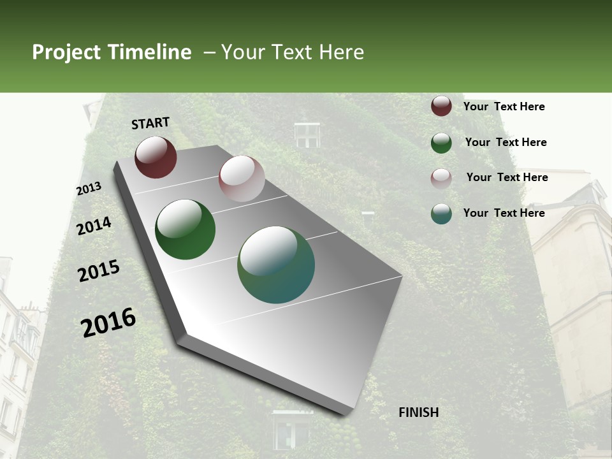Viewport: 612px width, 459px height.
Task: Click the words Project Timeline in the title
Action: (x=112, y=52)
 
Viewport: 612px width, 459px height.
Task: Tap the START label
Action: (x=150, y=123)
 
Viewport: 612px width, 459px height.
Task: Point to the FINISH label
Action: (x=418, y=412)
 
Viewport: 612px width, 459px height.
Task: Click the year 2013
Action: (x=89, y=189)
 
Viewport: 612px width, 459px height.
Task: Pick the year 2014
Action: (x=94, y=226)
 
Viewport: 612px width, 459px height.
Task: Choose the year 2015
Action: (x=99, y=271)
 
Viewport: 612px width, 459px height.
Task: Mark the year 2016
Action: (x=108, y=322)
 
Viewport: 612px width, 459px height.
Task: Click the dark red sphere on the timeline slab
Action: (x=156, y=157)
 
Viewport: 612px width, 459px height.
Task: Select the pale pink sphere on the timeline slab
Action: (x=242, y=178)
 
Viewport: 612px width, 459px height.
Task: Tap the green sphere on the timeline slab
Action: (x=185, y=229)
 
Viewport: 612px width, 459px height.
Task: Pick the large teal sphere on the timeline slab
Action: (x=276, y=265)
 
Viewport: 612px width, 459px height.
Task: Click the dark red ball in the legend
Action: (x=441, y=106)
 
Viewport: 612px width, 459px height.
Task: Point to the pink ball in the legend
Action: (x=441, y=178)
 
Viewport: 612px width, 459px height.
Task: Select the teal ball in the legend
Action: (x=441, y=214)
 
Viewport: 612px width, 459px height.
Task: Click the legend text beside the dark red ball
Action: (x=504, y=106)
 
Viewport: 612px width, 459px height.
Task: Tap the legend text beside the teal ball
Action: (x=504, y=213)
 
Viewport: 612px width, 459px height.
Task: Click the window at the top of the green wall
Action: (x=307, y=135)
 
